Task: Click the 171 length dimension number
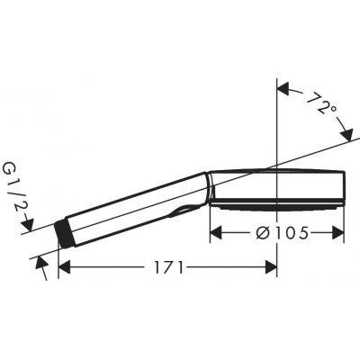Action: [167, 267]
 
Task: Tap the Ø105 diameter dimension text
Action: [277, 233]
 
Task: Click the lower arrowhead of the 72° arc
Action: [346, 134]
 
